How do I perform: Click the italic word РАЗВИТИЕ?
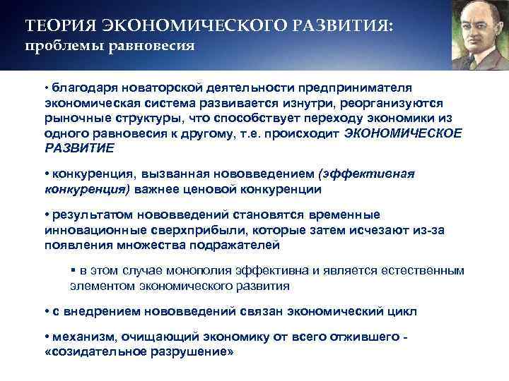coord(78,148)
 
